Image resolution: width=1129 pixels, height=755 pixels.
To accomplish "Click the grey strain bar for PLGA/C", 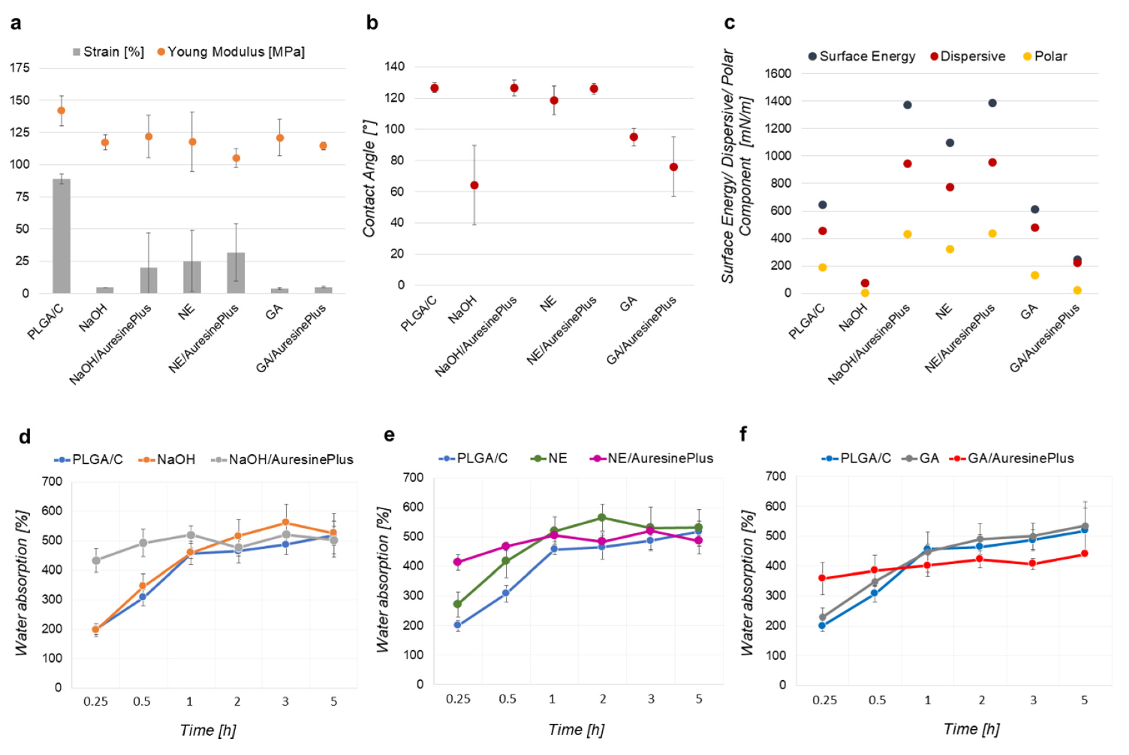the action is tap(62, 236).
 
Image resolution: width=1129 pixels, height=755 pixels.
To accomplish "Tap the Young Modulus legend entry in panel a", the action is tap(231, 52).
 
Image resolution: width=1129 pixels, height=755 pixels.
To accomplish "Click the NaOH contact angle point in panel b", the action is tap(475, 185).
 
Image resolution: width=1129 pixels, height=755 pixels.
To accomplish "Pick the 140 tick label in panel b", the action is tap(394, 66).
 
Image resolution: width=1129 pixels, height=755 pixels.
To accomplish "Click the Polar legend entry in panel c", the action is tap(1045, 56).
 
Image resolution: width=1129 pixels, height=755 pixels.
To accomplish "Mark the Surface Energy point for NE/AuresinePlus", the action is tap(992, 103).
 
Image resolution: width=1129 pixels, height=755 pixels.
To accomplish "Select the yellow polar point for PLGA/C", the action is tap(823, 267).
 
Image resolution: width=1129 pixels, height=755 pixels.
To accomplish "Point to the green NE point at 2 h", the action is tap(602, 518).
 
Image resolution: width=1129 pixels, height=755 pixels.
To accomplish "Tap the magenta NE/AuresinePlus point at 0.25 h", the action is tap(458, 562).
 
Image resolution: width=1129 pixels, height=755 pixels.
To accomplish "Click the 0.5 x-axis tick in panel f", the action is tap(877, 700).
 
